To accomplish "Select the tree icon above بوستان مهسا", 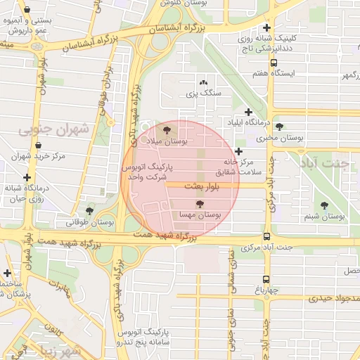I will coord(200,203).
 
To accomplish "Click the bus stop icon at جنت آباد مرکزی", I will coord(266,237).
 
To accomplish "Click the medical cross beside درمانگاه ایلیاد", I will coord(248,112).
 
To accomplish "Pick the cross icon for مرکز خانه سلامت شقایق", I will coord(239,151).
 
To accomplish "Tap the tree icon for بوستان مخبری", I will coord(280,127).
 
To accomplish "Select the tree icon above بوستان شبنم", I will coord(324,205).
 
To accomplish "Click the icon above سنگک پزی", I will coord(203,82).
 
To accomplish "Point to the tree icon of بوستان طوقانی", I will coord(89,210).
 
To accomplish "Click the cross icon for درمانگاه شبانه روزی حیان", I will coord(27,177).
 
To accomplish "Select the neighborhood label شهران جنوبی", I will coord(54,129).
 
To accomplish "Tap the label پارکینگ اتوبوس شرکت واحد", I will coord(148,173).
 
